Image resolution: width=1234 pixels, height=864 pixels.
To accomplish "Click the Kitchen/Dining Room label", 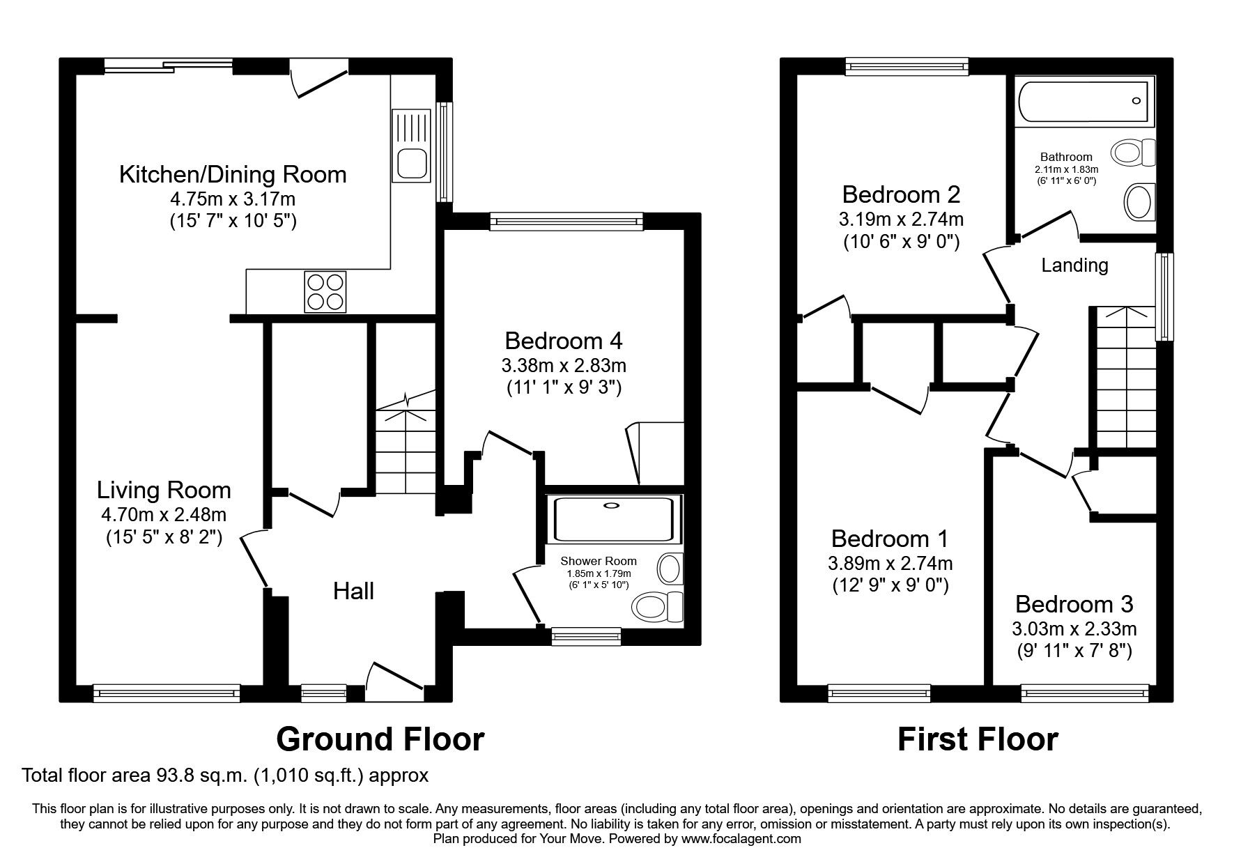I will click(x=233, y=174).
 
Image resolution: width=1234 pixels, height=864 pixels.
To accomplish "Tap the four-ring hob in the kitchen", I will click(x=325, y=292).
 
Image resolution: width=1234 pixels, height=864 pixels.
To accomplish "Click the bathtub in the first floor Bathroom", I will click(x=1084, y=102).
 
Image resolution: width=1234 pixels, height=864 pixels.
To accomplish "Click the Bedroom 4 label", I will click(x=563, y=341).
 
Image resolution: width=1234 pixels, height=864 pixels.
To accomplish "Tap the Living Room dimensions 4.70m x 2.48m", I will click(x=164, y=515).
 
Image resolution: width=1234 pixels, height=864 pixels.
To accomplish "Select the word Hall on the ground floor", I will click(x=353, y=592).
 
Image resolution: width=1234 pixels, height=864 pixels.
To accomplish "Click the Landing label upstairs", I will click(x=1074, y=265).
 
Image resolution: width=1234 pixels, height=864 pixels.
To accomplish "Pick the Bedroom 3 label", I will click(x=1074, y=603).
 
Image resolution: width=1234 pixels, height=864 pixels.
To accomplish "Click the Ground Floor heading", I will click(x=380, y=739).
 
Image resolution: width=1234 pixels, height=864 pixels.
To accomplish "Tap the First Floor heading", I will click(x=977, y=739).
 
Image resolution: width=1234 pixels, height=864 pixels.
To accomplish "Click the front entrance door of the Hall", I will click(x=394, y=680).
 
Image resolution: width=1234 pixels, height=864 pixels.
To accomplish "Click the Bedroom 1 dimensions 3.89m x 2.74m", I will click(x=890, y=562).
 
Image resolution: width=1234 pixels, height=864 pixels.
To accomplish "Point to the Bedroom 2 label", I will click(x=901, y=194).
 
